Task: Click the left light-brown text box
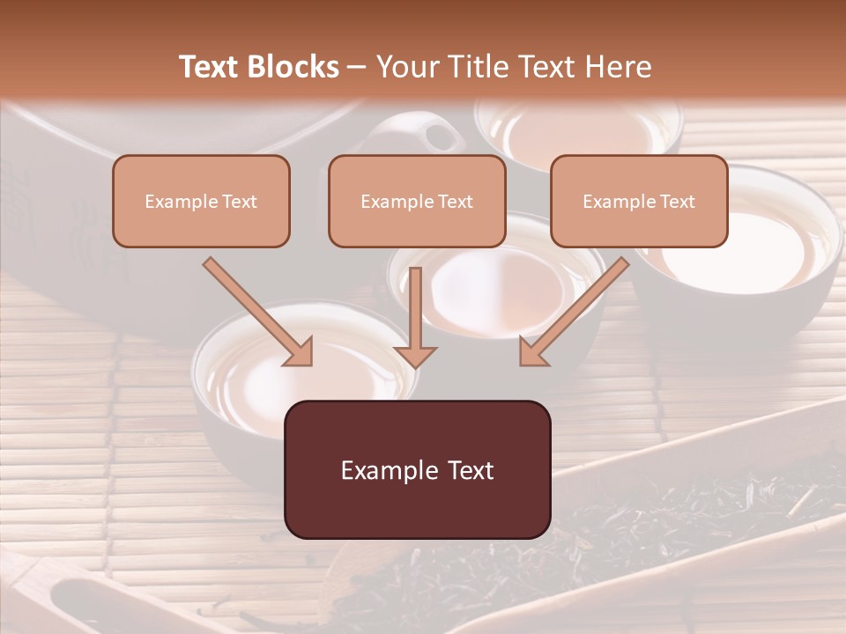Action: [x=201, y=201]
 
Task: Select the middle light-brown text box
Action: [x=417, y=201]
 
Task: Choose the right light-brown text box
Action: [x=639, y=201]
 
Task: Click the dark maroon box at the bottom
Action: [x=417, y=469]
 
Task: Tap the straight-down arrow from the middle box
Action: [x=415, y=317]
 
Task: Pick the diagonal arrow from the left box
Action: [x=259, y=312]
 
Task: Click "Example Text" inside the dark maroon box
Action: [x=417, y=470]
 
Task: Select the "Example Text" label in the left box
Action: [x=201, y=202]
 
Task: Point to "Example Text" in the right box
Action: [x=639, y=202]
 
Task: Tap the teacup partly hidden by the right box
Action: [x=749, y=255]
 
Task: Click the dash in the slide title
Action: [x=357, y=67]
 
